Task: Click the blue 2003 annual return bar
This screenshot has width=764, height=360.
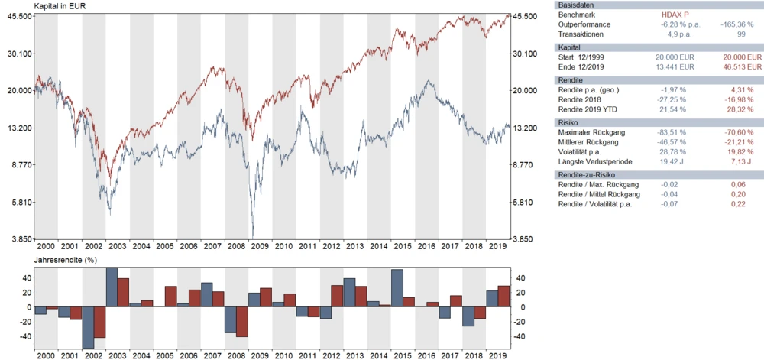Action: (x=112, y=287)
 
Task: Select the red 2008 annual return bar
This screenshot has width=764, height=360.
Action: (x=242, y=321)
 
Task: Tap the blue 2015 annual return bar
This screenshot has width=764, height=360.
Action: (x=397, y=288)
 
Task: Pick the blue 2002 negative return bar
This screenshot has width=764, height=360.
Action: (x=88, y=327)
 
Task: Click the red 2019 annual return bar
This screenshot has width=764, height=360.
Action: (x=503, y=296)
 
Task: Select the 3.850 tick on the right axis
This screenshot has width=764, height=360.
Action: (x=526, y=239)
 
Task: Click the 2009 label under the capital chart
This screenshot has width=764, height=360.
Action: (x=260, y=246)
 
